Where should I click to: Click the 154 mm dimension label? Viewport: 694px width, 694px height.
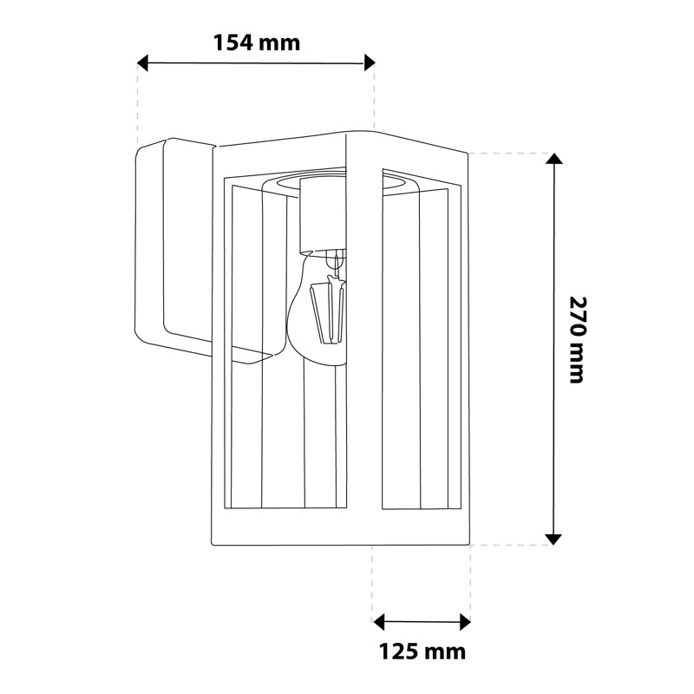(257, 43)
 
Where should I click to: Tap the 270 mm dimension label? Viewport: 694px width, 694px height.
(577, 339)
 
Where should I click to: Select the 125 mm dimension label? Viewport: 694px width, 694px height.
(422, 652)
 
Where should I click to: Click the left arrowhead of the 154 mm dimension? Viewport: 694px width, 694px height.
(142, 62)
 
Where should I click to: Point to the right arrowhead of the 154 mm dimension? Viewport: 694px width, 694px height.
(370, 62)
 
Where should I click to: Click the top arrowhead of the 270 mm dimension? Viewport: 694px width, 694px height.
(553, 159)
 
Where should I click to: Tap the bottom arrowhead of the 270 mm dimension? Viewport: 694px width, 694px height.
(553, 539)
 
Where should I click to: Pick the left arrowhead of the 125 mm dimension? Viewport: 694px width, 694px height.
(379, 622)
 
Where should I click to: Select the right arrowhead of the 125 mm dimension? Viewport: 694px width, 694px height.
(465, 622)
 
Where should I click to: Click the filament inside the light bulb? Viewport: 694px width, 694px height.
(328, 310)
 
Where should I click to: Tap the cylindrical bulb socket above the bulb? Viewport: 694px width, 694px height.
(322, 215)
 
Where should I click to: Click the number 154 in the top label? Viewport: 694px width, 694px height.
(233, 43)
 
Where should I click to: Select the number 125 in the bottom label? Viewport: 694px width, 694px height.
(399, 652)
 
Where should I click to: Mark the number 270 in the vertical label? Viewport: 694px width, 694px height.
(577, 315)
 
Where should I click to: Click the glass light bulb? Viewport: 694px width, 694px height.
(317, 309)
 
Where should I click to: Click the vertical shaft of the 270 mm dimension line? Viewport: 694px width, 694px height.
(553, 349)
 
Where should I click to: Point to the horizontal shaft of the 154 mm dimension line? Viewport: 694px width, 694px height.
(256, 62)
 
